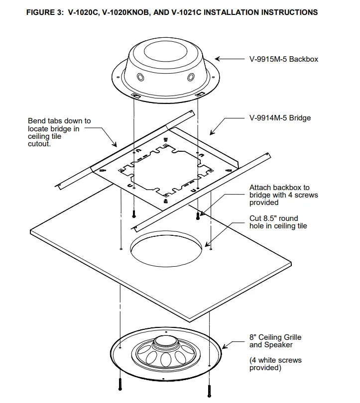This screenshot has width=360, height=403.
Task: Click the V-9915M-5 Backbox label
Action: pos(283,59)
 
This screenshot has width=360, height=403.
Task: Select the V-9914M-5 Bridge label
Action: pos(280,118)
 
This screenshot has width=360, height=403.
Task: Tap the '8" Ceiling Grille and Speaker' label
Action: pos(275,341)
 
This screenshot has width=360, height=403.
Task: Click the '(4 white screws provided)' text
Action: pos(275,364)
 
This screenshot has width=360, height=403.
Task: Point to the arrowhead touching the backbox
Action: pos(219,59)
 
